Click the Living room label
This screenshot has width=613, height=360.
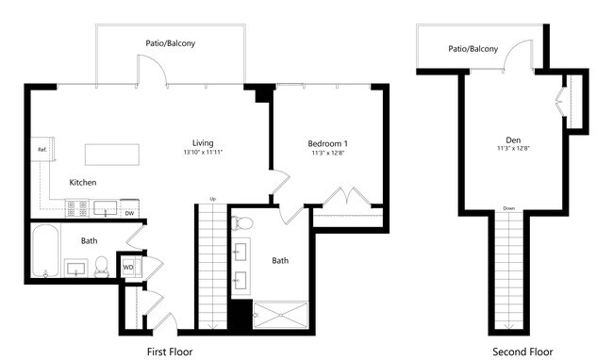[203, 141]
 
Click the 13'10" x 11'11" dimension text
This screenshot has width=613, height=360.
[203, 152]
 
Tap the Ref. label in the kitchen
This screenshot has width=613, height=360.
[42, 150]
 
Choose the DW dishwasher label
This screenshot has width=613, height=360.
[130, 213]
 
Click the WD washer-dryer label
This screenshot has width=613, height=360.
[128, 268]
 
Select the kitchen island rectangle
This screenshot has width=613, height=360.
[116, 155]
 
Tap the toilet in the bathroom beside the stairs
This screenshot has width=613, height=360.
[242, 223]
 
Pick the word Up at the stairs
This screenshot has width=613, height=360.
[213, 199]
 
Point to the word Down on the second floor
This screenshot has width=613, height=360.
[509, 208]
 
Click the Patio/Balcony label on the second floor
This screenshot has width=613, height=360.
[472, 48]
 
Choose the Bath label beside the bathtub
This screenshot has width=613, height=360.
[89, 241]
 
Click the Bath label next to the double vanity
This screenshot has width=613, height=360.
[281, 260]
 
